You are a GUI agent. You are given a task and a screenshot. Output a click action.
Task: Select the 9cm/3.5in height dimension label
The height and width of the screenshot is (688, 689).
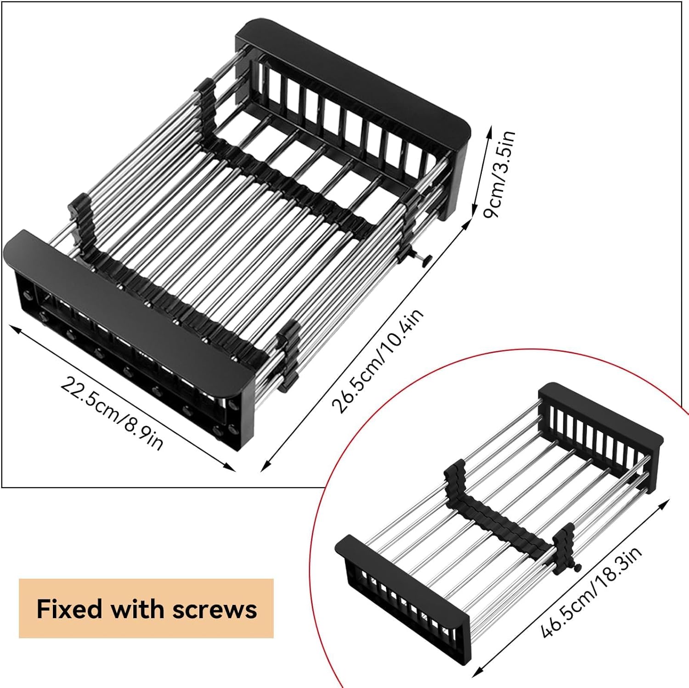point(501,175)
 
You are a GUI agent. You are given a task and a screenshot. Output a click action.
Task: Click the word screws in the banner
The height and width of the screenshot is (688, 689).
point(215,609)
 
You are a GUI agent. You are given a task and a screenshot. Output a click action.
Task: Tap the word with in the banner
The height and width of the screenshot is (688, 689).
point(136,609)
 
